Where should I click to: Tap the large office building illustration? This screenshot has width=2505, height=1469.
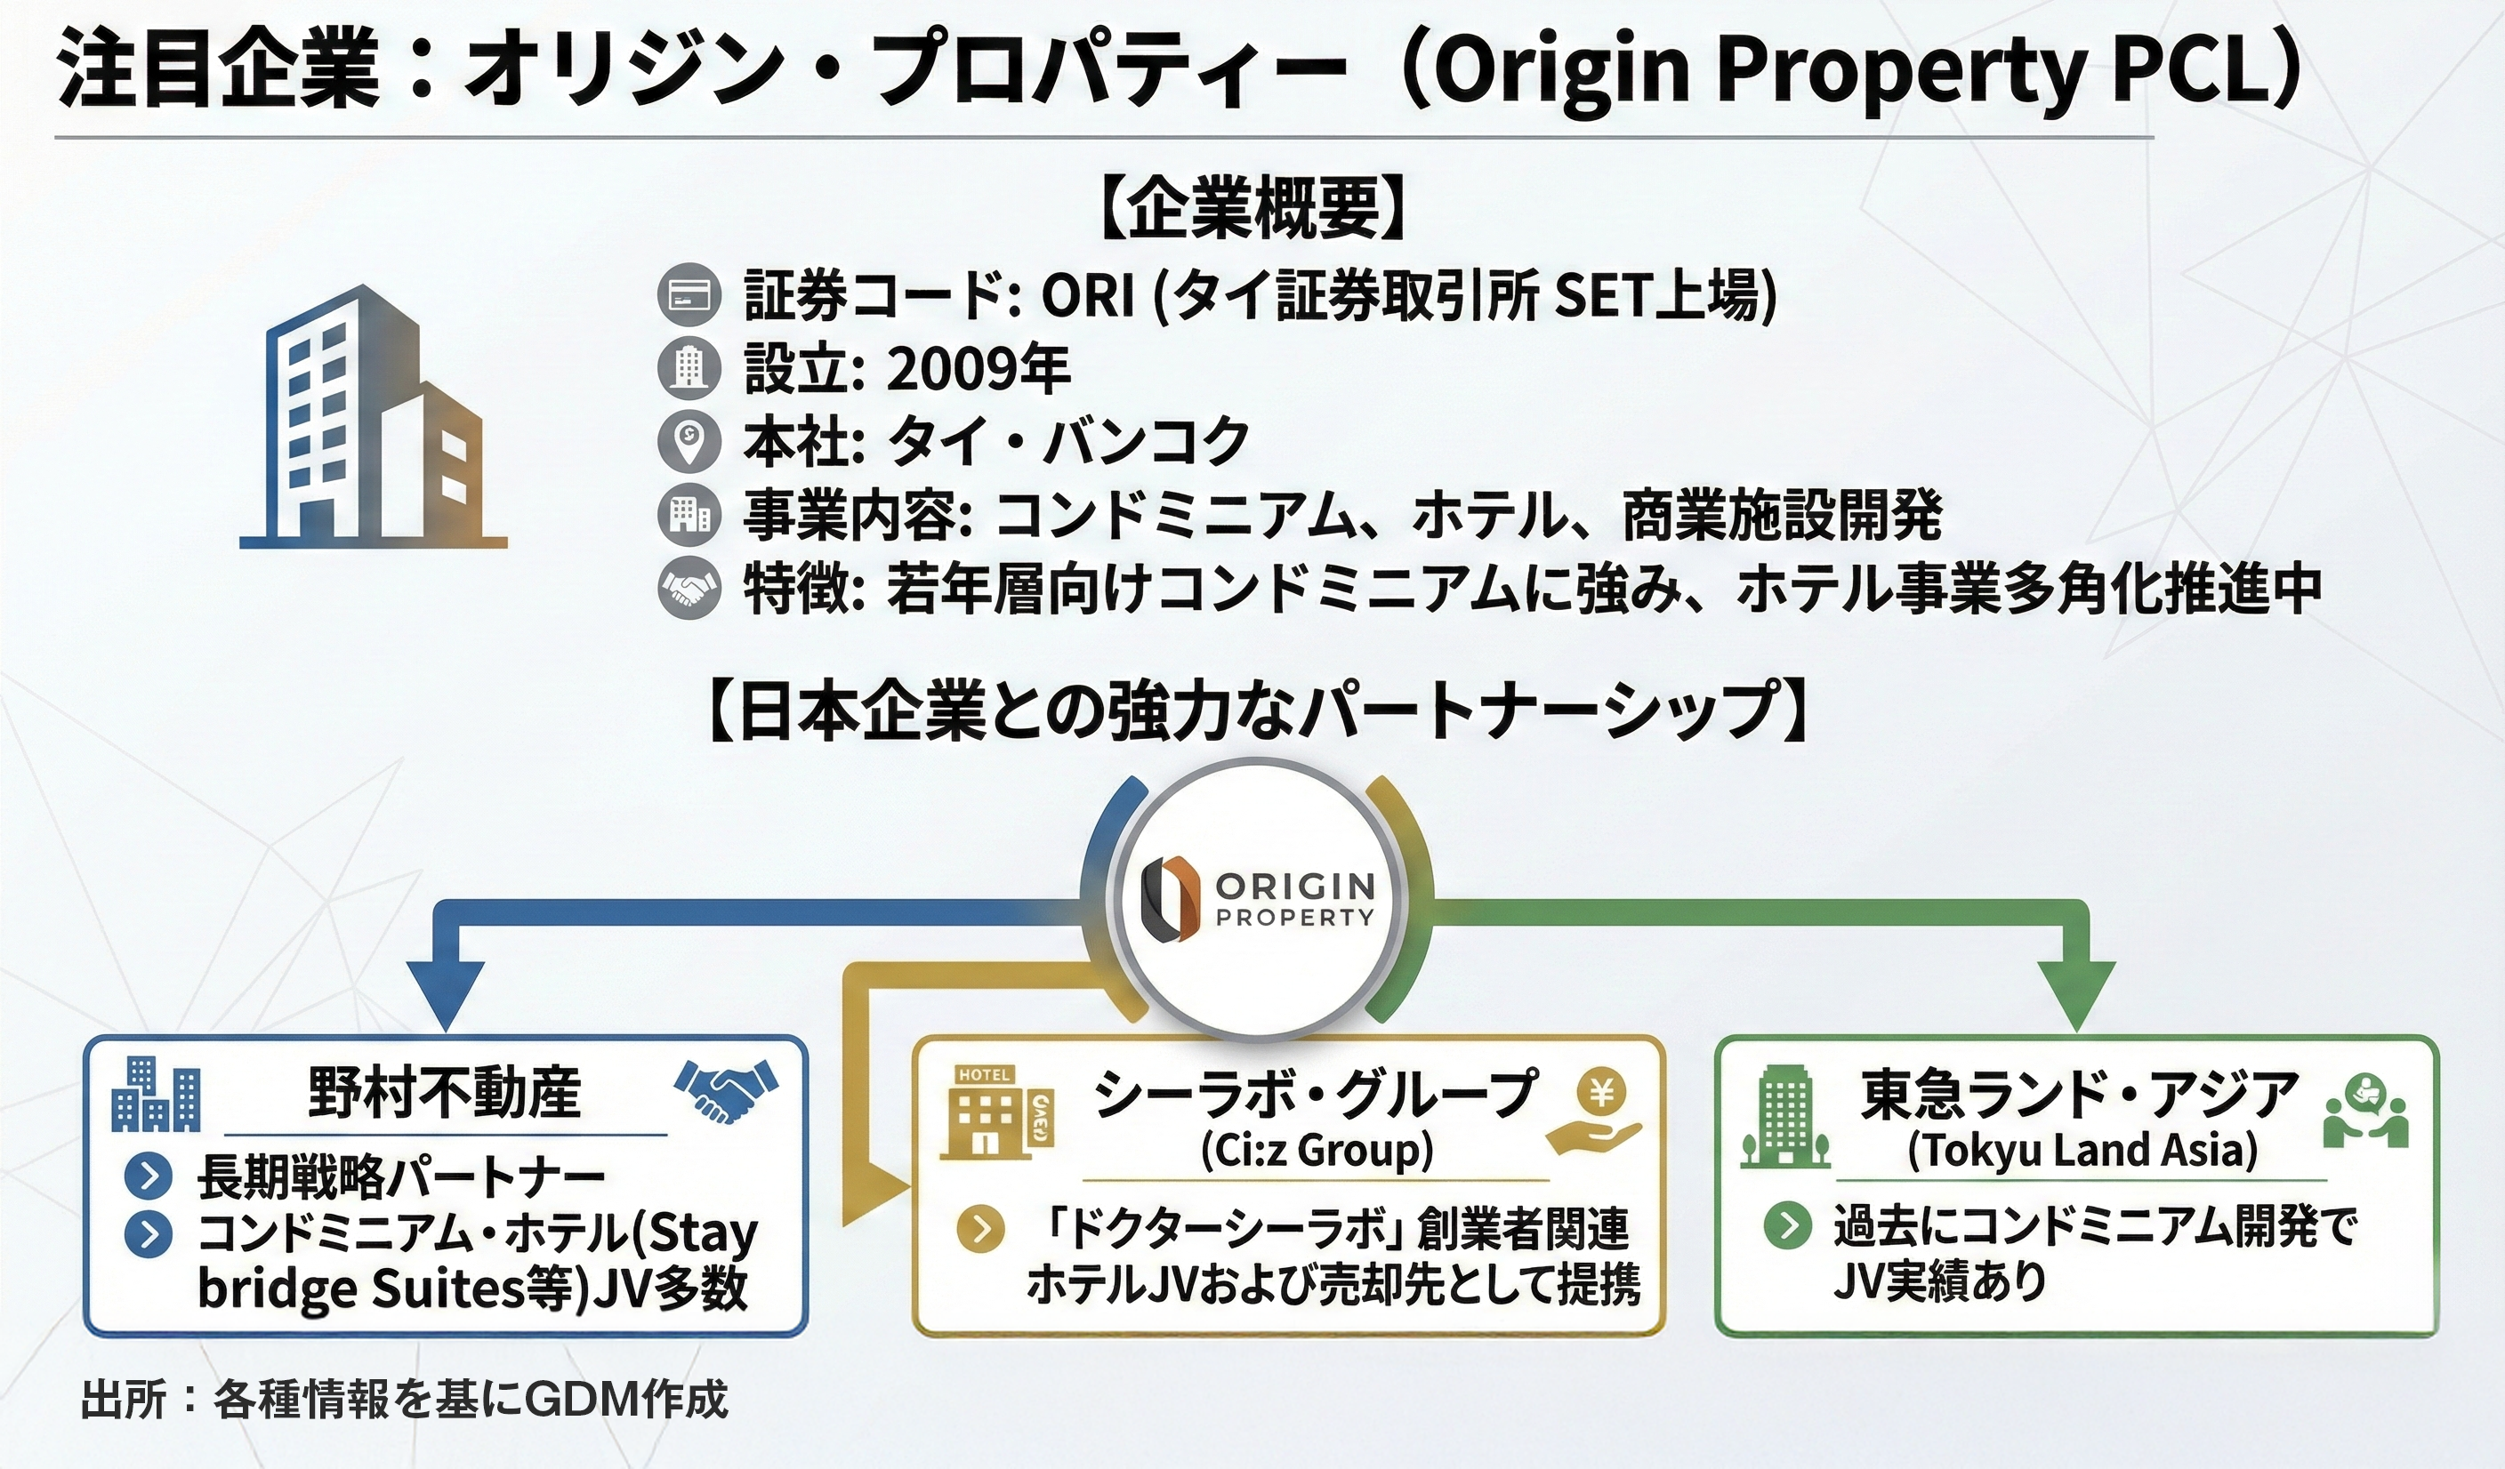tap(374, 416)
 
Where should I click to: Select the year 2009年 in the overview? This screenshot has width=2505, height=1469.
tap(977, 370)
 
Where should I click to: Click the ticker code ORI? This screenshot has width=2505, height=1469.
tap(1088, 295)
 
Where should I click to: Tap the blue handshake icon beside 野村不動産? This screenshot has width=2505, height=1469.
tap(725, 1090)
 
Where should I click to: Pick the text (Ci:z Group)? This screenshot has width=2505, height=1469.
tap(1317, 1150)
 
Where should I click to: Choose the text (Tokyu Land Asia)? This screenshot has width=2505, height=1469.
tap(2082, 1150)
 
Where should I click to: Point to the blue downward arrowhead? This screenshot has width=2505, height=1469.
tap(445, 995)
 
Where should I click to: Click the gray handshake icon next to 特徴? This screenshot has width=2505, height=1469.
tap(689, 589)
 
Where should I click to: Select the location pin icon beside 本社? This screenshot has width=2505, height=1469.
tap(689, 440)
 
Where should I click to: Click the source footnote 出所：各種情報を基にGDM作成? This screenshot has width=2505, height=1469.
tap(405, 1400)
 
